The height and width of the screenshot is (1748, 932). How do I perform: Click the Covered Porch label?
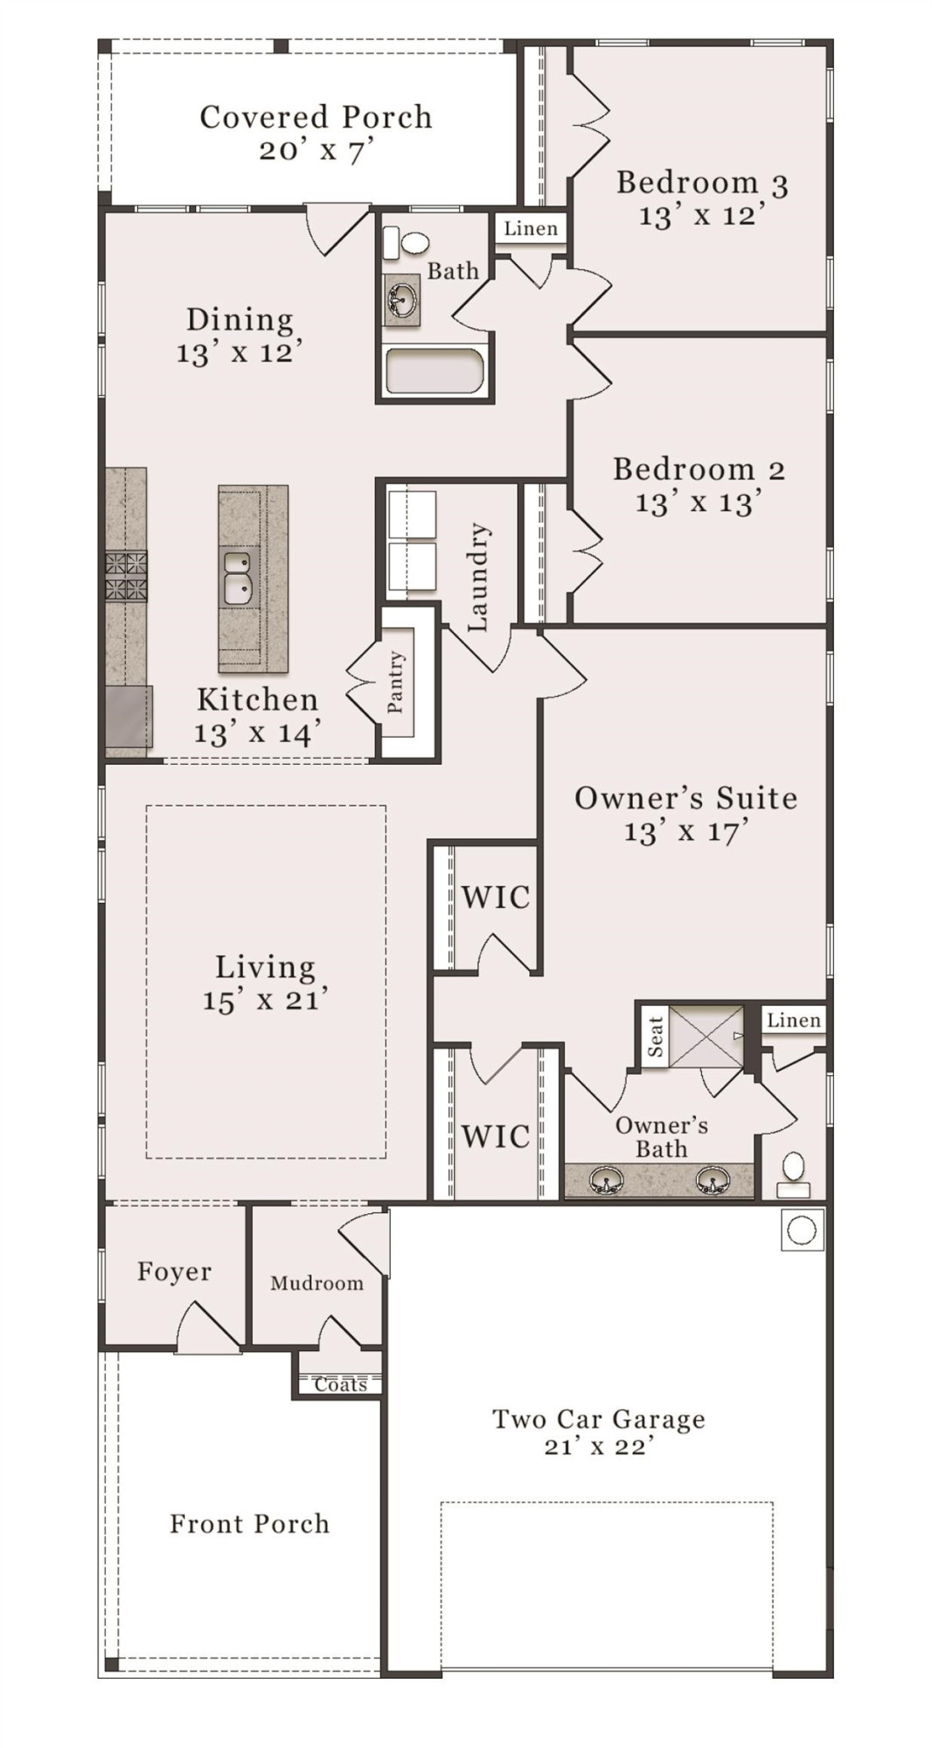(x=316, y=117)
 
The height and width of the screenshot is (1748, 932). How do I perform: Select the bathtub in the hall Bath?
(x=435, y=371)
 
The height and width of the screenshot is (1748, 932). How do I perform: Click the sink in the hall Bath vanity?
(x=402, y=299)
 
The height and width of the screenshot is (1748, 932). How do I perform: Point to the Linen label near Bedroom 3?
(x=531, y=229)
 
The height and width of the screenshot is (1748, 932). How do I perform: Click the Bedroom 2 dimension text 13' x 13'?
(x=699, y=503)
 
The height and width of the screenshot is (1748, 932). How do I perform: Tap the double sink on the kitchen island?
(x=236, y=577)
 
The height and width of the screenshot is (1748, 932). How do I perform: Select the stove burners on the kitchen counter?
(x=127, y=576)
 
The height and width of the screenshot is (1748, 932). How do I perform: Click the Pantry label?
(x=396, y=682)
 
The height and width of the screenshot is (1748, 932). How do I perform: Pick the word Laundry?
(x=478, y=578)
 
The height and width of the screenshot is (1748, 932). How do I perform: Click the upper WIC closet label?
(x=496, y=898)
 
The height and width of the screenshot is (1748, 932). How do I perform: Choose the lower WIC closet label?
(x=496, y=1137)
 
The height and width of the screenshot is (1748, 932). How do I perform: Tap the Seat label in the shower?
(x=656, y=1037)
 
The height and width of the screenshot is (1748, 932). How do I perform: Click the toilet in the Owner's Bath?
(x=793, y=1173)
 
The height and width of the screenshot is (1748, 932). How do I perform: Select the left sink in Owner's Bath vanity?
(x=605, y=1183)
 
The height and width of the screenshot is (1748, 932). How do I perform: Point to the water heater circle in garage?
(x=802, y=1231)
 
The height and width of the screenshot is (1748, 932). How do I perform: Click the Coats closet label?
(x=340, y=1384)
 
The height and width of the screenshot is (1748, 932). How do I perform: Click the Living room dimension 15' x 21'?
(x=265, y=1001)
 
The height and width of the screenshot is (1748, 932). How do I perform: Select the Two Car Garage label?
(x=599, y=1419)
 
